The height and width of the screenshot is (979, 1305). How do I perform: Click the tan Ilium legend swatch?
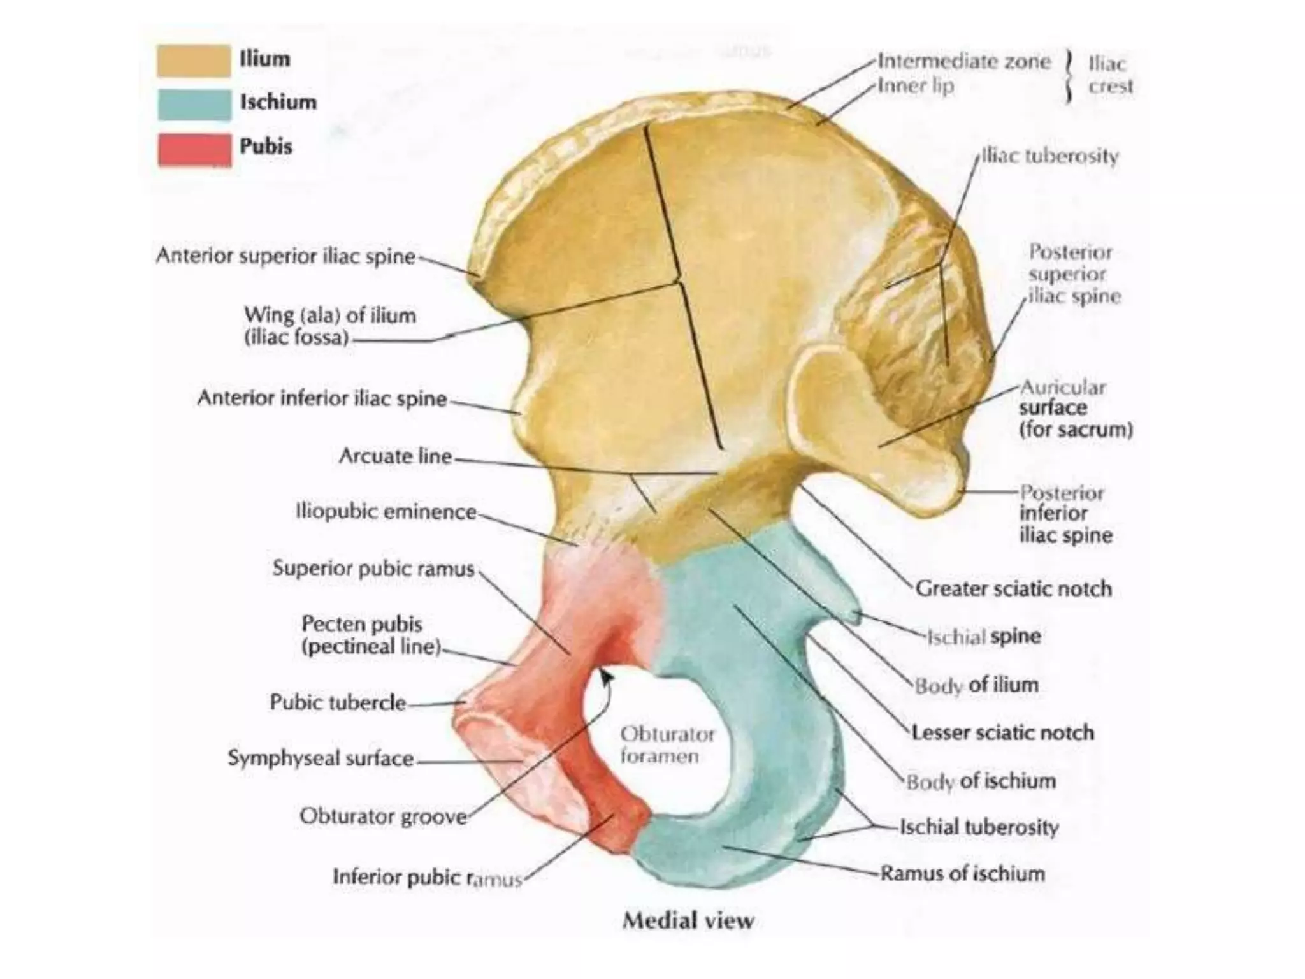coord(194,61)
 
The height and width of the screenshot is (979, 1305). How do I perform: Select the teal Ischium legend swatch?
coord(194,105)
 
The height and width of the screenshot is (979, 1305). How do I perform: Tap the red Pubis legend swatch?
coord(195,150)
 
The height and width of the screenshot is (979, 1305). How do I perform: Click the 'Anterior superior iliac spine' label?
coord(285,256)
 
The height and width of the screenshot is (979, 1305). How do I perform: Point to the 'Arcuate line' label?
coord(396,456)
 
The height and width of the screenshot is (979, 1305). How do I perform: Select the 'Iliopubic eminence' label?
coord(386,512)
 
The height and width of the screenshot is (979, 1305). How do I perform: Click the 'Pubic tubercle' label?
coord(338,702)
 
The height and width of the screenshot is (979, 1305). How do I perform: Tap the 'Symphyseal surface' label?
coord(321,758)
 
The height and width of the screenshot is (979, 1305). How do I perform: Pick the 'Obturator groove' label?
coord(384,816)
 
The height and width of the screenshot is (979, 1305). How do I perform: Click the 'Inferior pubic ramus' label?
coord(428,878)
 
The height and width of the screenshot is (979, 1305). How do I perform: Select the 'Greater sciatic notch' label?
coord(1014,589)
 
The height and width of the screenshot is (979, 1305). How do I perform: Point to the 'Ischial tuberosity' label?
coord(979,827)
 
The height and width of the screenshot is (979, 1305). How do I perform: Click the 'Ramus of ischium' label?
coord(963,873)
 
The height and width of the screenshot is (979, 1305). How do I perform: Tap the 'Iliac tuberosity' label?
coord(1050,157)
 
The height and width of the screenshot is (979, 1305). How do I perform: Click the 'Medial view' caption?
coord(688,920)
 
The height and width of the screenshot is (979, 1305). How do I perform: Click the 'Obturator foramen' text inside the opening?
coord(667,745)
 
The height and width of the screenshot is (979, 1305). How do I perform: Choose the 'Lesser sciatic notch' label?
coord(1003,733)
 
